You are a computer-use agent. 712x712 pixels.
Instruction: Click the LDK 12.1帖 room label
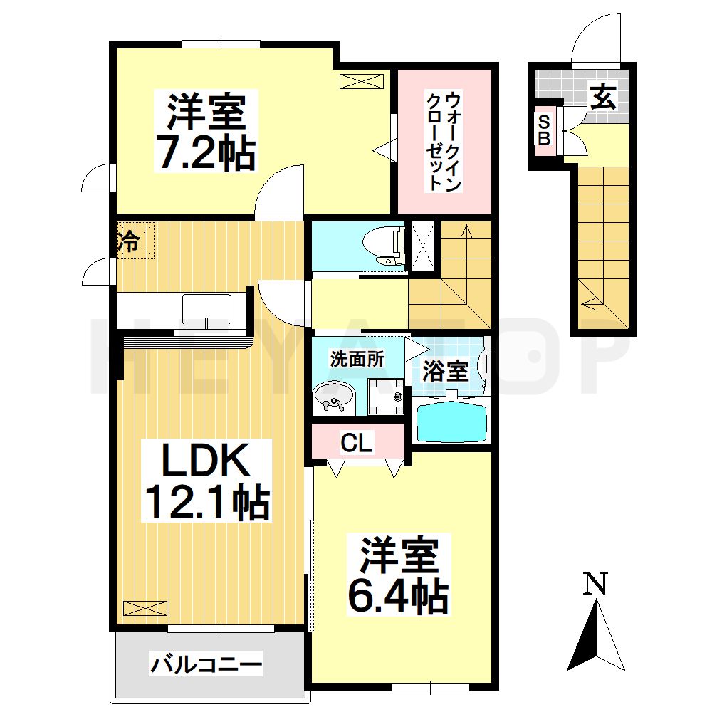coord(206,481)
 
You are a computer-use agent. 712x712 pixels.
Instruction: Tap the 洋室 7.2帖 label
coord(206,132)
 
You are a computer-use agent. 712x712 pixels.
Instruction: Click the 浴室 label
coord(445,370)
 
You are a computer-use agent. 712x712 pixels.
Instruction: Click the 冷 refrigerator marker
coord(128,241)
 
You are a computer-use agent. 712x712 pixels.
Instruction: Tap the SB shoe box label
coord(543,130)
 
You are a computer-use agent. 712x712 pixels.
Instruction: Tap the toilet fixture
coord(381,247)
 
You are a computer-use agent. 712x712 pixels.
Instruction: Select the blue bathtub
coord(451,422)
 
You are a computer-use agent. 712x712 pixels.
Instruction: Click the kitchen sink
coord(206,310)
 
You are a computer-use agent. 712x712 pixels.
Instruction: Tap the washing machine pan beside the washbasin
coord(385,394)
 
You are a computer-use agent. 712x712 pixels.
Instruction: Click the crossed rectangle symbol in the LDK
coord(145,607)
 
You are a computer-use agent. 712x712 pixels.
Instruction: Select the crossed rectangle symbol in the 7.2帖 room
coord(362,80)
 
